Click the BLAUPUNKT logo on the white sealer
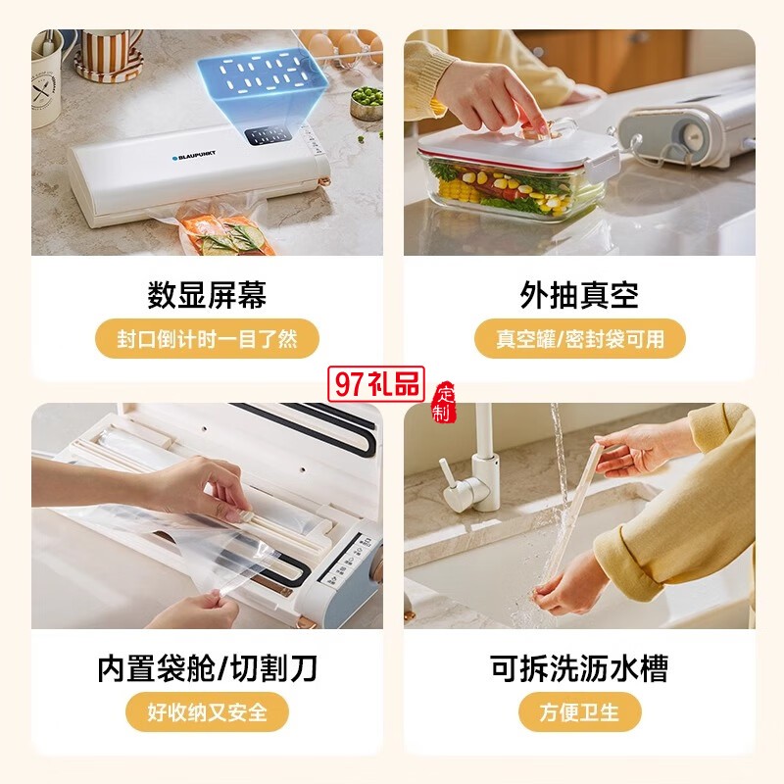coord(194,156)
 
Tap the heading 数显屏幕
coord(207,295)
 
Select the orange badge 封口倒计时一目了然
coord(207,339)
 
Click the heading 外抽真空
coord(579,295)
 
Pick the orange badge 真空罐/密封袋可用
coord(580,339)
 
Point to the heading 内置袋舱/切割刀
coord(207,668)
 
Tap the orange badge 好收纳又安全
coord(207,711)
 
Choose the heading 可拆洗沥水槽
coord(579,668)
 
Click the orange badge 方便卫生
coord(579,711)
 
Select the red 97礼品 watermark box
coord(376,384)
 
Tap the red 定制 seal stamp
coord(444,403)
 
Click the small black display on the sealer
coord(268,135)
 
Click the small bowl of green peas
coord(367,104)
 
